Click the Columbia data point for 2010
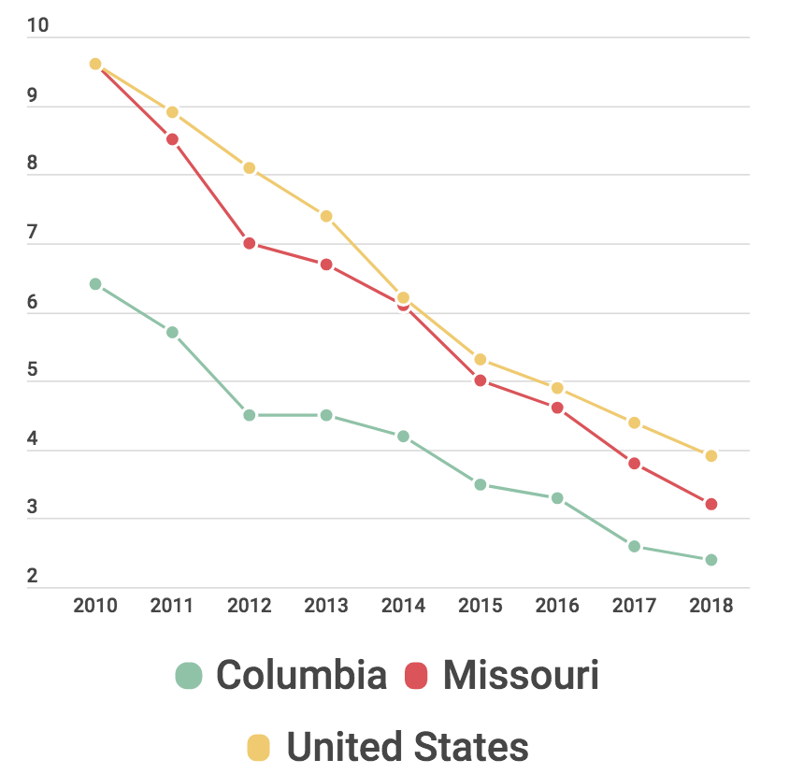pyautogui.click(x=95, y=284)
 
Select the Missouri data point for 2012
pyautogui.click(x=250, y=243)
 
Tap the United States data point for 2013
pyautogui.click(x=326, y=216)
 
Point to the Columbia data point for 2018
pyautogui.click(x=710, y=560)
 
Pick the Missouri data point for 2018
pyautogui.click(x=710, y=505)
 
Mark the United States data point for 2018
pyautogui.click(x=710, y=456)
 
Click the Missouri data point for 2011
pyautogui.click(x=172, y=139)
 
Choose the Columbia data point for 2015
pyautogui.click(x=481, y=484)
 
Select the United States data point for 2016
pyautogui.click(x=557, y=388)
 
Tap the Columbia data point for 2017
pyautogui.click(x=634, y=546)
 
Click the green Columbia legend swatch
pyautogui.click(x=189, y=675)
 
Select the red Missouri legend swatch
pyautogui.click(x=416, y=675)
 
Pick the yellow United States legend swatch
pyautogui.click(x=258, y=748)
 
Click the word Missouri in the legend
pyautogui.click(x=521, y=675)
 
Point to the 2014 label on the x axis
pyautogui.click(x=403, y=606)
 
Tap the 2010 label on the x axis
pyautogui.click(x=95, y=606)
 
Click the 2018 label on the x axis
pyautogui.click(x=710, y=606)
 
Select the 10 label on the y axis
pyautogui.click(x=37, y=25)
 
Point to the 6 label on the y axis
pyautogui.click(x=33, y=301)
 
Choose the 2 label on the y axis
pyautogui.click(x=33, y=576)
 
